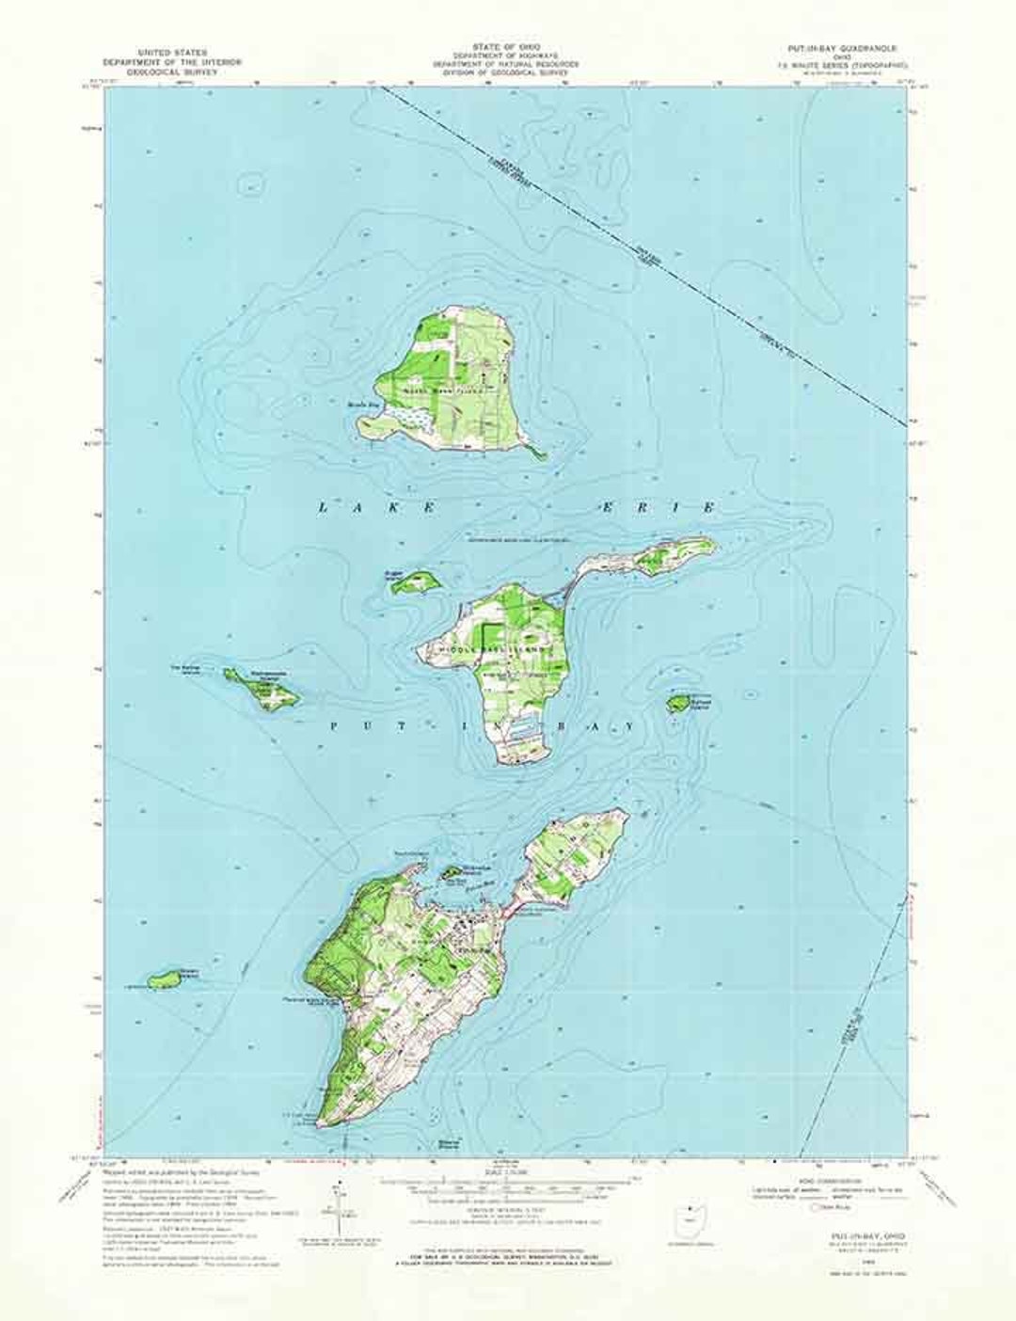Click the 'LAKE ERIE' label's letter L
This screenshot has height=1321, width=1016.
click(324, 507)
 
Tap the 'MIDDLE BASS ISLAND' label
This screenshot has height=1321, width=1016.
click(490, 648)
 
